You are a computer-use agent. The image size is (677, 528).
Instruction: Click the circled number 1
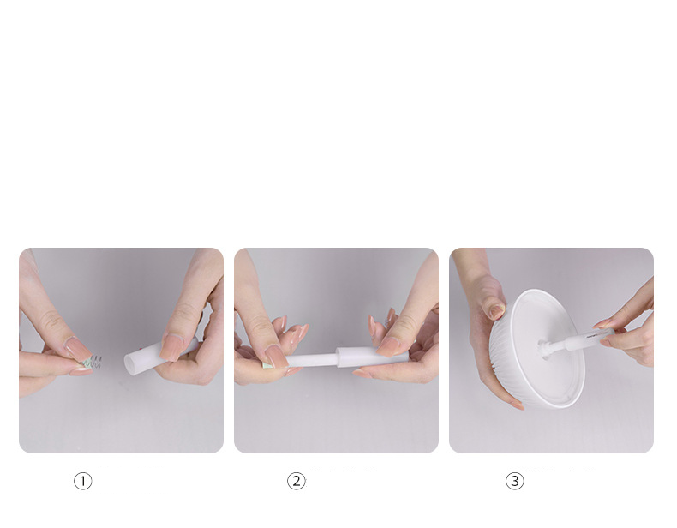click(83, 481)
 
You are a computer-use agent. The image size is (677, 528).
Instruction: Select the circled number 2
click(297, 481)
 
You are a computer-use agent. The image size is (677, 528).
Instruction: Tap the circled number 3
click(515, 481)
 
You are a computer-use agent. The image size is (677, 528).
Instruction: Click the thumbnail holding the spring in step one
click(78, 348)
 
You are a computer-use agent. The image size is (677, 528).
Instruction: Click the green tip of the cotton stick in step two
click(267, 365)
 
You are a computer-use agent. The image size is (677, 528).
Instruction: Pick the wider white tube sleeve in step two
click(373, 357)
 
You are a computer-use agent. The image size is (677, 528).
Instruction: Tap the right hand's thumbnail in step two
click(388, 347)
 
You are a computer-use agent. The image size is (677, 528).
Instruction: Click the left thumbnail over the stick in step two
click(274, 357)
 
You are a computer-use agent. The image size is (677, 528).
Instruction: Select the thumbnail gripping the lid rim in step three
click(496, 312)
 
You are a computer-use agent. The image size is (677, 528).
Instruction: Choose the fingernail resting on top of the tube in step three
click(603, 323)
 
